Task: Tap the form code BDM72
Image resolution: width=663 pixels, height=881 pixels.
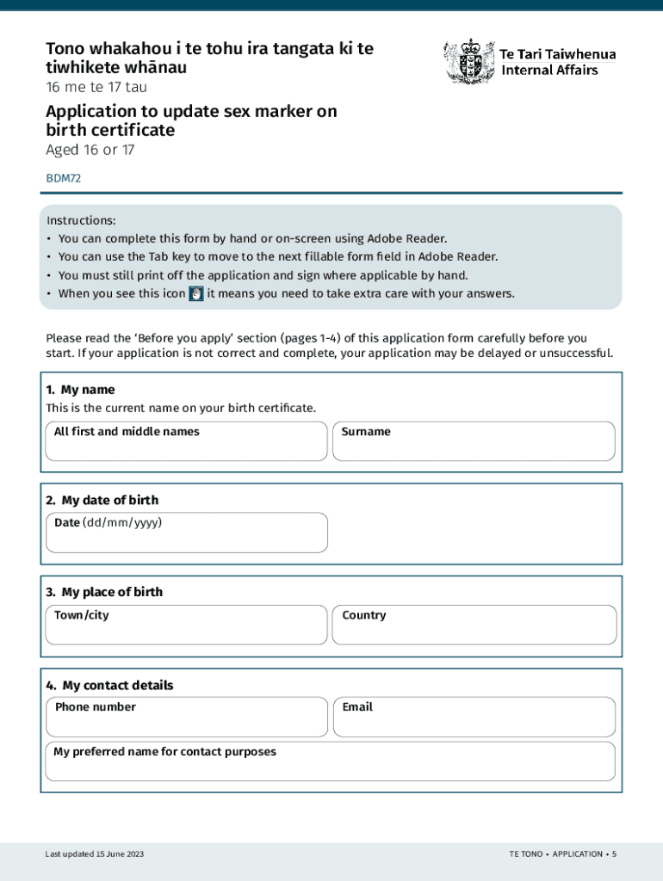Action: [63, 179]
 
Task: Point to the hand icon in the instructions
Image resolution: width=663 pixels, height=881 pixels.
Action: [195, 293]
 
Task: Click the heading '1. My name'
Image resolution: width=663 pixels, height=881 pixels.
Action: [80, 390]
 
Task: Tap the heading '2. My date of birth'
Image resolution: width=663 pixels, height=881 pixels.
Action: [102, 500]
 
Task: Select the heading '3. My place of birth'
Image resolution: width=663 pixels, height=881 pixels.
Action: [104, 592]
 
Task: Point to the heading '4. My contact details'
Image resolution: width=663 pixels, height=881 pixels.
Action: [109, 685]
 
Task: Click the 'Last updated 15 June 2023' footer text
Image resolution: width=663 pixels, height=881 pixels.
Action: [95, 854]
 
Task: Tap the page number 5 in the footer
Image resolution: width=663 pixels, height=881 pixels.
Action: [614, 854]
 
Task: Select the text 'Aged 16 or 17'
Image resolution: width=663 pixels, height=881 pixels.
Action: [90, 151]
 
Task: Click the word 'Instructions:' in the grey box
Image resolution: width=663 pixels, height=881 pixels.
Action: [81, 221]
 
